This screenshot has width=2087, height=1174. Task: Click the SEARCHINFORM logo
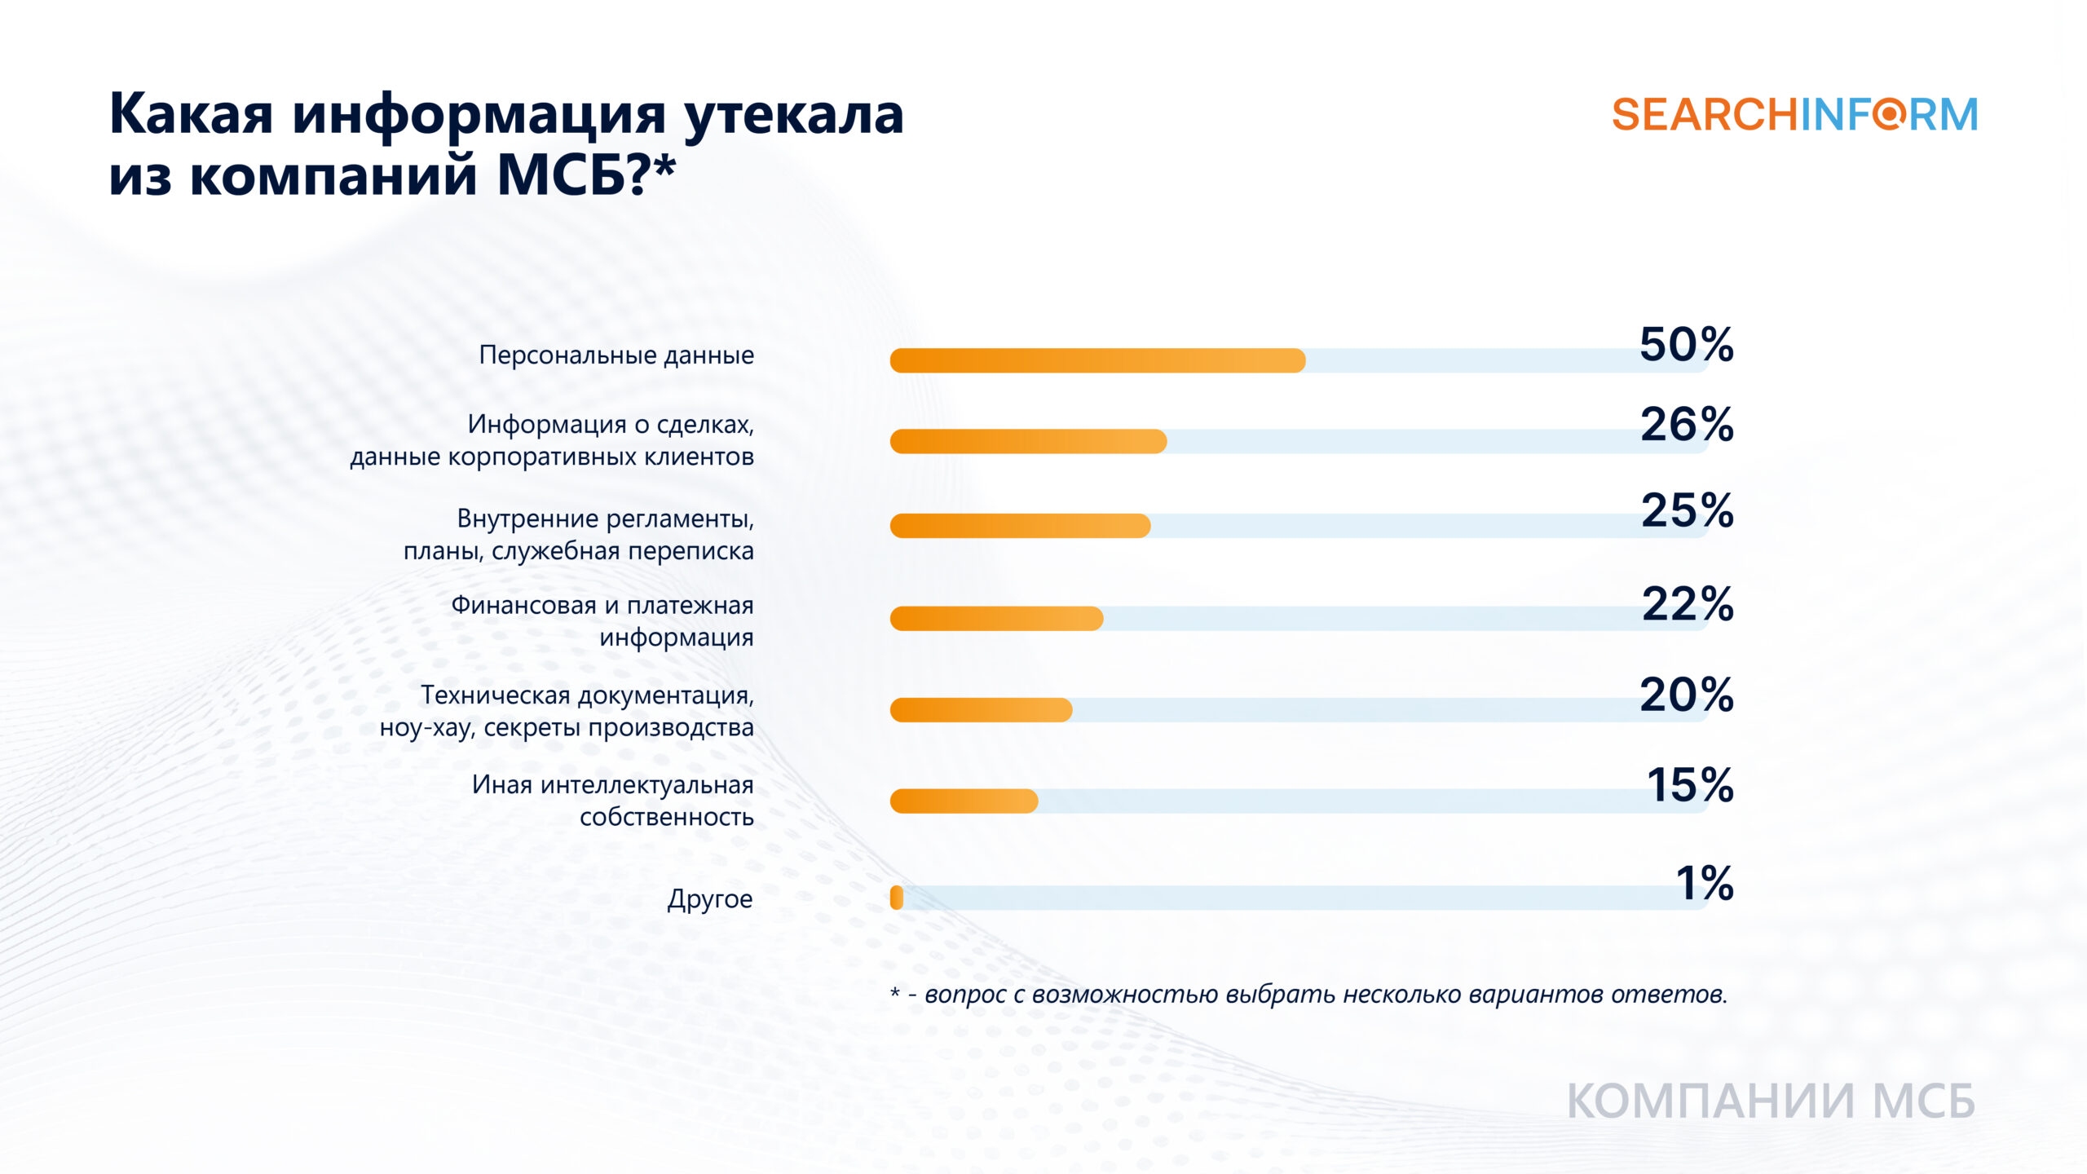tap(1794, 114)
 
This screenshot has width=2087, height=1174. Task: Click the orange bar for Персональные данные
tap(1097, 360)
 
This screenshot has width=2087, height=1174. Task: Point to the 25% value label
tap(1687, 510)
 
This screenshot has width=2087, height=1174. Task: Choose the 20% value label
tap(1687, 695)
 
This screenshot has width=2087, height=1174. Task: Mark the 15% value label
tap(1690, 785)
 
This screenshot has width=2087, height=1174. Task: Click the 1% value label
tap(1705, 883)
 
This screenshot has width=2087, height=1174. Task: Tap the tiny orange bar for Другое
tap(897, 898)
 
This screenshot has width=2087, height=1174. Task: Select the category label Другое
tap(710, 898)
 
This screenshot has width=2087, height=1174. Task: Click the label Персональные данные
tap(616, 355)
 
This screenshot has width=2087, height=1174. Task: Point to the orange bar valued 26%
tap(1028, 441)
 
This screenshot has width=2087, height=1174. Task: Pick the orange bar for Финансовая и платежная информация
tap(996, 619)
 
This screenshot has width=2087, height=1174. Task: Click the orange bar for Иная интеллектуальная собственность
tap(964, 801)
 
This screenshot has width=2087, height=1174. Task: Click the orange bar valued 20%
tap(981, 710)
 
